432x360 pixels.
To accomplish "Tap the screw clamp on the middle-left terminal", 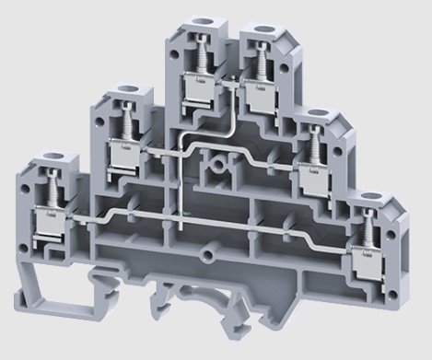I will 120,152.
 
